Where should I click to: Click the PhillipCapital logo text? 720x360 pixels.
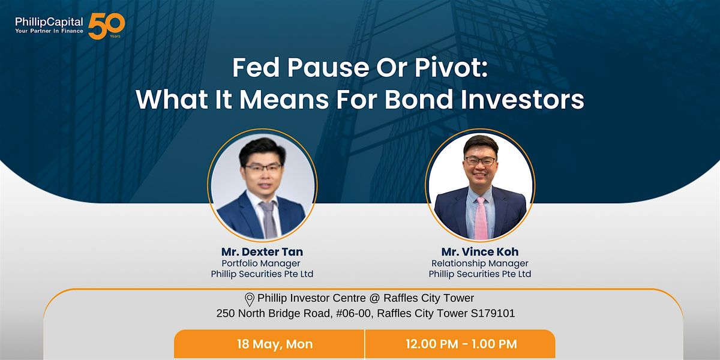pos(49,22)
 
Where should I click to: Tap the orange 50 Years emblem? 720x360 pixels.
pos(106,26)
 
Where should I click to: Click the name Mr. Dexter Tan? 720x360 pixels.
pos(262,251)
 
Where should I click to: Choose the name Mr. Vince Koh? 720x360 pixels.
pos(480,251)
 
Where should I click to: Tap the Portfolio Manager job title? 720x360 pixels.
pos(260,263)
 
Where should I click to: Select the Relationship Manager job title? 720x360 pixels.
pos(480,263)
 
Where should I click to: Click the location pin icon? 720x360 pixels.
pos(250,299)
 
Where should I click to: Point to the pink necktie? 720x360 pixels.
pos(481,218)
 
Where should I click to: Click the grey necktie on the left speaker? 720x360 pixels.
pos(269,220)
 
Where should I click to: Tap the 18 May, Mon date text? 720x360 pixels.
pos(275,344)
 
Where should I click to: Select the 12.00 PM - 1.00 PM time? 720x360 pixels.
pos(461,344)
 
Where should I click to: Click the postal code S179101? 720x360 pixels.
pos(493,313)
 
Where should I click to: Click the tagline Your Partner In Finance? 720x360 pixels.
pos(49,31)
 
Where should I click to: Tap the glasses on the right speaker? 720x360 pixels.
pos(481,161)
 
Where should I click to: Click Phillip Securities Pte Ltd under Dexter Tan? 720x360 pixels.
pos(262,274)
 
